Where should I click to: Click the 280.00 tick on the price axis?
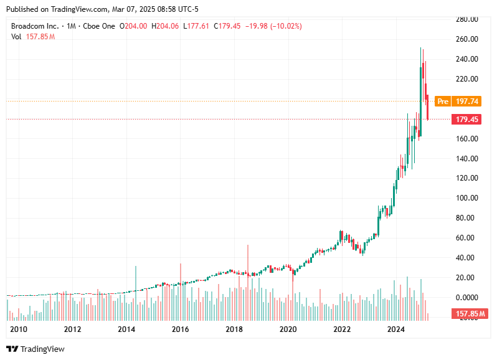[466, 19]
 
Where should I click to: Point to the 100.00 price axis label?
[466, 198]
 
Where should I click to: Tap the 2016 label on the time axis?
[181, 329]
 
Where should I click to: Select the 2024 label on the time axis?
[395, 329]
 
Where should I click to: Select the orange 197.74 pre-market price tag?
[467, 101]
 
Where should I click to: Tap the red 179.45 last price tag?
[467, 119]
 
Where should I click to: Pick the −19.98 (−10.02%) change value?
[275, 26]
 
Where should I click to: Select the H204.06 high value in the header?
[161, 26]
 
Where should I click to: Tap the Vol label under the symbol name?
[16, 37]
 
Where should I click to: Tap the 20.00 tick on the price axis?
[466, 278]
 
